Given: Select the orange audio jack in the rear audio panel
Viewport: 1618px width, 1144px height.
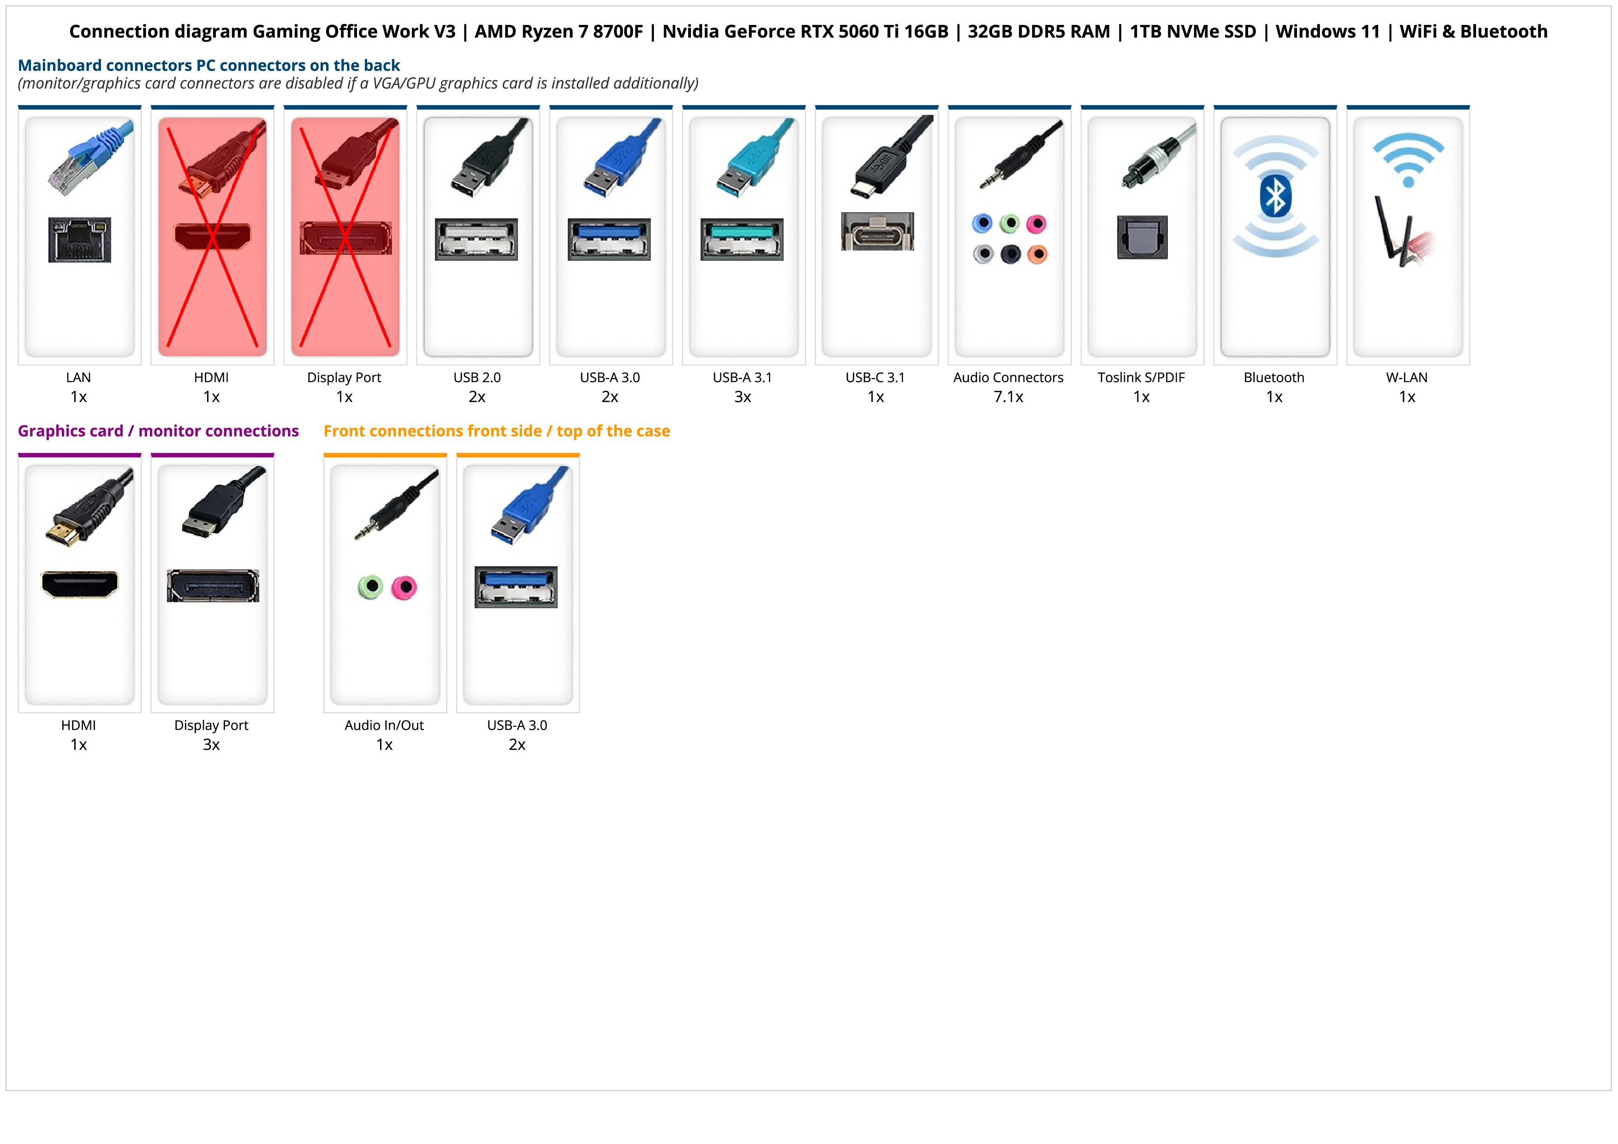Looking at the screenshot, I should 1037,254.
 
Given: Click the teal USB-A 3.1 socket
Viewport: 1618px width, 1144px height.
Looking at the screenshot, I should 742,239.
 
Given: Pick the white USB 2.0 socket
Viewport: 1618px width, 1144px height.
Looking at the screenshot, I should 476,239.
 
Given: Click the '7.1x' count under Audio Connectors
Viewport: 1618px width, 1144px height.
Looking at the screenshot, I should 1008,397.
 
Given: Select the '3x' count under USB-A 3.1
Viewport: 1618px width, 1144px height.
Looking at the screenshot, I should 742,397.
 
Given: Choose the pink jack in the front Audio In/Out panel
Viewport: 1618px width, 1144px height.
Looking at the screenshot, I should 404,587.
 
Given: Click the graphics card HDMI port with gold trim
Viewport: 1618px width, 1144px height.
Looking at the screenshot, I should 80,584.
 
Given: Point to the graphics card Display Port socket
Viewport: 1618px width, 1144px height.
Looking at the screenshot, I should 213,586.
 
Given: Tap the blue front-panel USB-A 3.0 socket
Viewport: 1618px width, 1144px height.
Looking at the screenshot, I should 516,587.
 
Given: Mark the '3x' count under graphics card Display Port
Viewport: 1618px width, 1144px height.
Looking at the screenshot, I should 211,745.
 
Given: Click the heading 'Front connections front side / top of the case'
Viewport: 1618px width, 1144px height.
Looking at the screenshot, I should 497,431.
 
